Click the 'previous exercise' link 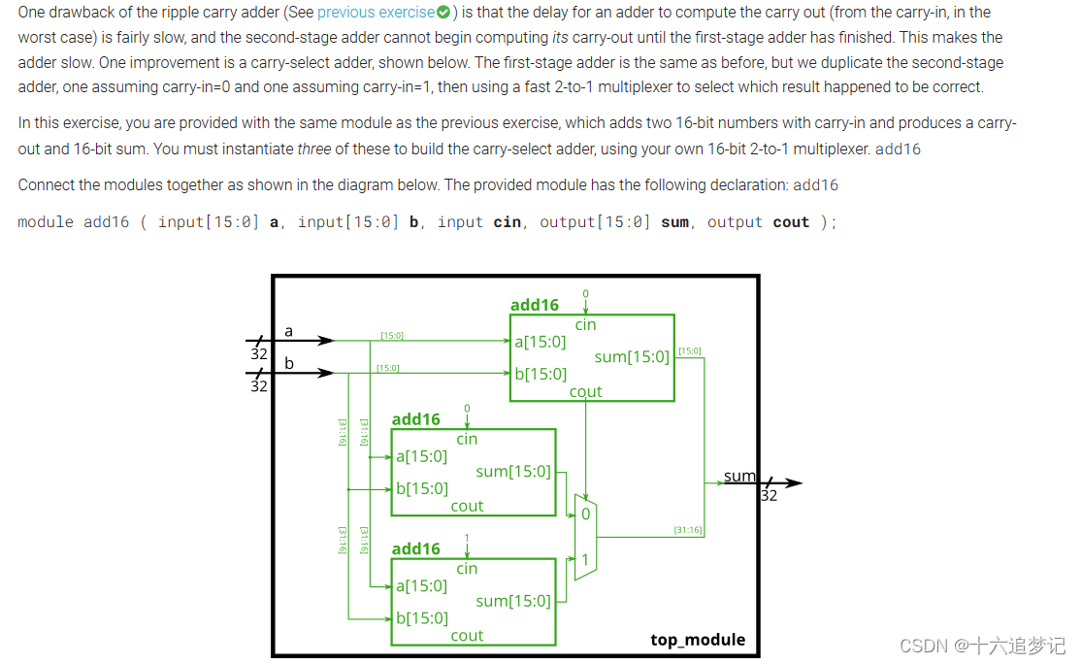[376, 13]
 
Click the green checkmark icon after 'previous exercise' [443, 13]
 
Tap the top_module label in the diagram [698, 640]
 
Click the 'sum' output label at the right [739, 476]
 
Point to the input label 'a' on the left [288, 332]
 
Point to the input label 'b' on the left [288, 364]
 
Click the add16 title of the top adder [535, 305]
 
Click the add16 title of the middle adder [415, 419]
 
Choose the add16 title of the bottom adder [415, 548]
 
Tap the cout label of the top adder [585, 392]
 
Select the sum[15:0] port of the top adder [632, 357]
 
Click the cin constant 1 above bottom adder [467, 538]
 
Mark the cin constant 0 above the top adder [585, 293]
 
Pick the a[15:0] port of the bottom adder [422, 585]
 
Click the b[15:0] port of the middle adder [422, 488]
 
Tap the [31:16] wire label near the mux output [688, 530]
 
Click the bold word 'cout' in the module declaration [791, 222]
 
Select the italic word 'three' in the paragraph [312, 149]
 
